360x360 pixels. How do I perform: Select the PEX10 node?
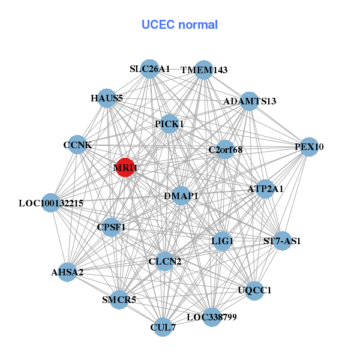click(x=308, y=147)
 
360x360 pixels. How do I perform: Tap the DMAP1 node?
click(x=181, y=196)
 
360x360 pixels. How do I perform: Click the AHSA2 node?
click(x=67, y=272)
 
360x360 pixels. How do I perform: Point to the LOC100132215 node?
click(x=52, y=203)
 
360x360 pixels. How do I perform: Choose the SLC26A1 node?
click(x=150, y=69)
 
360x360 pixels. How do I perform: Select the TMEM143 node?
click(x=204, y=70)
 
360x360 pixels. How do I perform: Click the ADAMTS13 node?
click(x=250, y=101)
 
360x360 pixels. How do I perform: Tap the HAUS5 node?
click(x=107, y=98)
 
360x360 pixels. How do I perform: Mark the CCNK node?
click(x=77, y=145)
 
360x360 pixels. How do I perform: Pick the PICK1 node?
click(x=170, y=124)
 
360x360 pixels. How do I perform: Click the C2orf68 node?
click(x=225, y=149)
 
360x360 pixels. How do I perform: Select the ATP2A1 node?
click(x=265, y=189)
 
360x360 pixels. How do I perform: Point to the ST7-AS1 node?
click(x=281, y=241)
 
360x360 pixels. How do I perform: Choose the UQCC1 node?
click(x=254, y=290)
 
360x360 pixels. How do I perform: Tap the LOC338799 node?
click(x=211, y=316)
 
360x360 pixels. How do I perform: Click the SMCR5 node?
click(x=119, y=299)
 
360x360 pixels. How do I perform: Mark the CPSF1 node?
click(x=111, y=227)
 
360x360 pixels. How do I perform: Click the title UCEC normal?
click(x=179, y=25)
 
